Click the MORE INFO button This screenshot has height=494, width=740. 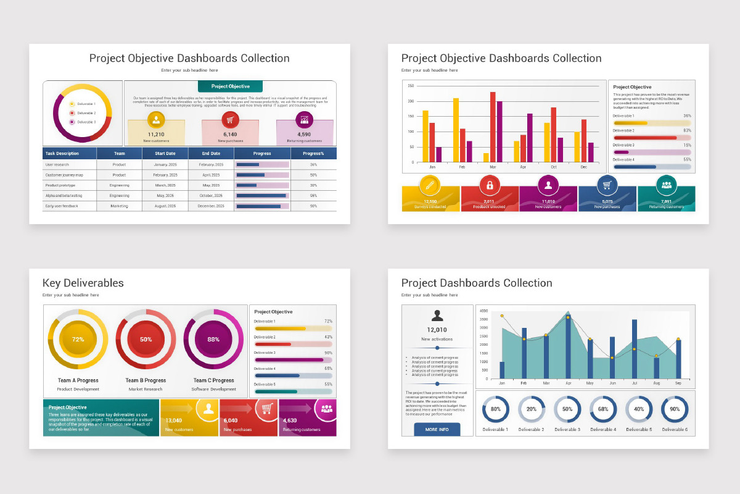pyautogui.click(x=437, y=429)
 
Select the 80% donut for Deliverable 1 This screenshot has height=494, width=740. pyautogui.click(x=495, y=409)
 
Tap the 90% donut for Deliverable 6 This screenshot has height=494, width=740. pyautogui.click(x=675, y=409)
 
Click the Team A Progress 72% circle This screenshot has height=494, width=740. pyautogui.click(x=78, y=339)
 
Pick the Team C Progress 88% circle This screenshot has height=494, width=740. pyautogui.click(x=213, y=339)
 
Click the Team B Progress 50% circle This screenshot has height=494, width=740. pyautogui.click(x=146, y=339)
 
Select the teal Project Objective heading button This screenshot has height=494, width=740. pyautogui.click(x=230, y=86)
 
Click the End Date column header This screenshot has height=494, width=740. pyautogui.click(x=211, y=153)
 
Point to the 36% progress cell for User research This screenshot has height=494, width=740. pyautogui.click(x=313, y=165)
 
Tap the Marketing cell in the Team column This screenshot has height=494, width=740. pyautogui.click(x=119, y=206)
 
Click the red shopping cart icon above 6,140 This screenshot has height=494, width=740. pyautogui.click(x=230, y=120)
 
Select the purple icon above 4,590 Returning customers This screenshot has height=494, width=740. pyautogui.click(x=304, y=120)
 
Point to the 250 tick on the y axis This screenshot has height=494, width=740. pyautogui.click(x=411, y=86)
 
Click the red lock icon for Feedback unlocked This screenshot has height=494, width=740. pyautogui.click(x=490, y=185)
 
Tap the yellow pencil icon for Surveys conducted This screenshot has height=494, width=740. pyautogui.click(x=430, y=185)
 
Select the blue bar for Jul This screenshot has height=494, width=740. pyautogui.click(x=635, y=349)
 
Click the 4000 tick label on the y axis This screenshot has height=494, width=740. pyautogui.click(x=483, y=311)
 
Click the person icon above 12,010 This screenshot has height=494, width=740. pyautogui.click(x=437, y=316)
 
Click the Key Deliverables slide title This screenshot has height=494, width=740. pyautogui.click(x=83, y=283)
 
